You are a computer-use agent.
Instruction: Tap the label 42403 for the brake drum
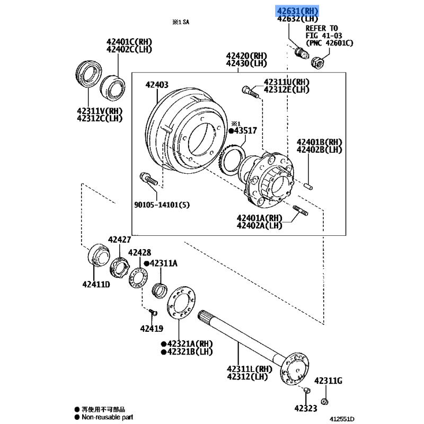(x=157, y=85)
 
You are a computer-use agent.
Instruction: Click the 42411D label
(x=95, y=285)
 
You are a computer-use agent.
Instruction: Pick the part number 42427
(x=119, y=240)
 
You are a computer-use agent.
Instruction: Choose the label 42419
(x=153, y=329)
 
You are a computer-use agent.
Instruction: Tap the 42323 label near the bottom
(x=306, y=408)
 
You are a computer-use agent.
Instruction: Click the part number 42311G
(x=328, y=381)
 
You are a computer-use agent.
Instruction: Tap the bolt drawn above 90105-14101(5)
(x=148, y=179)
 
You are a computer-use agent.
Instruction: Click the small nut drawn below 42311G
(x=324, y=401)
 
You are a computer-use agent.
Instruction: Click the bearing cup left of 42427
(x=98, y=254)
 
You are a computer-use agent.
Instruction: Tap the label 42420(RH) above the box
(x=246, y=55)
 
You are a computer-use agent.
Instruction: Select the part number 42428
(x=139, y=253)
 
